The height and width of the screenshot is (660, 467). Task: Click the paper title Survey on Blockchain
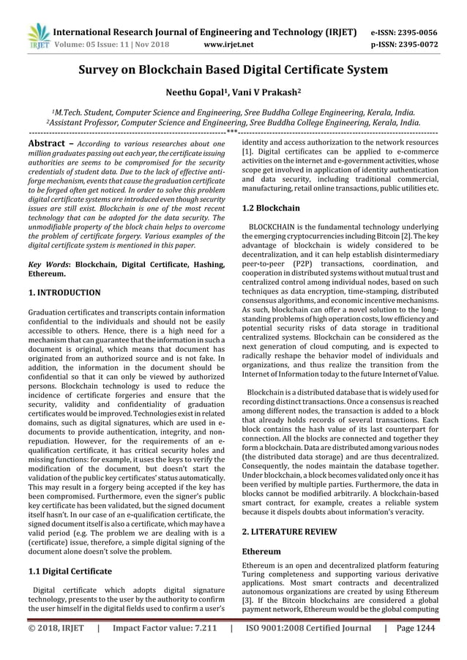pyautogui.click(x=233, y=70)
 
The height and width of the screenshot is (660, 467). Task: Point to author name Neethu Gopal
pyautogui.click(x=198, y=94)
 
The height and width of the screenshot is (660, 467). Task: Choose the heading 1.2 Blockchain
pyautogui.click(x=270, y=208)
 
